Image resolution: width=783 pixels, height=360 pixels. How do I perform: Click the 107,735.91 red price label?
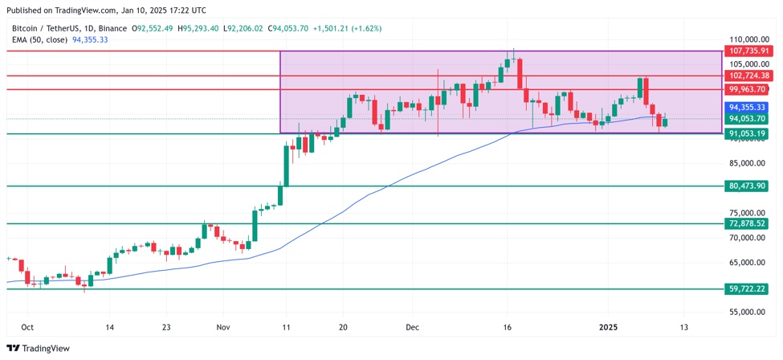(748, 51)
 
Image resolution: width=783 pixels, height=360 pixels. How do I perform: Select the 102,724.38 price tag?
(748, 76)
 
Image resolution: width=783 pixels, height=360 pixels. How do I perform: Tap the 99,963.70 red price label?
(746, 89)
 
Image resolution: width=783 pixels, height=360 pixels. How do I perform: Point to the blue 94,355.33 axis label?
(746, 107)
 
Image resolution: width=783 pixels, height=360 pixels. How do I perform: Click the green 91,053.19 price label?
(746, 133)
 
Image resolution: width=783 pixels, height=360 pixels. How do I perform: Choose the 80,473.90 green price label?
(746, 186)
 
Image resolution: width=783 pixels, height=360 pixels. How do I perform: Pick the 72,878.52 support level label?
(746, 223)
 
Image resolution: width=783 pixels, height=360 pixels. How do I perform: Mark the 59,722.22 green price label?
(746, 288)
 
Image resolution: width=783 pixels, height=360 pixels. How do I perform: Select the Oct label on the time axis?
(27, 328)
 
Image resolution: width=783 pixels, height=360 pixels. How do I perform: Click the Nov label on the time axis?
(223, 328)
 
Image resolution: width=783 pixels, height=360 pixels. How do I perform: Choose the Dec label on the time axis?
(413, 328)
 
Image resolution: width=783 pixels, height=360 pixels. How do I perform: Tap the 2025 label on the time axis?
(608, 328)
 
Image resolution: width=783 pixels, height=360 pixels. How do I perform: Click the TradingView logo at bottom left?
(38, 348)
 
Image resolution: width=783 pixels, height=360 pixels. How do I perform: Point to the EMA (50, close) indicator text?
(39, 39)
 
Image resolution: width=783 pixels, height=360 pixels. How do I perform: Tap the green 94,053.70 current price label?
(746, 119)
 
